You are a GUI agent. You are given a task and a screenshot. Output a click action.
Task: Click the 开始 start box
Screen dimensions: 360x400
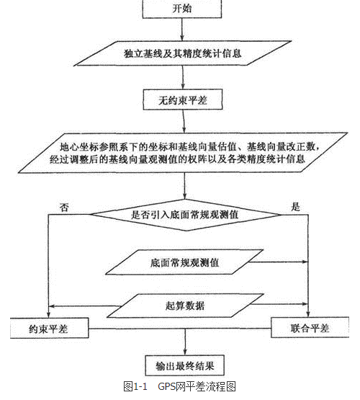tap(182, 9)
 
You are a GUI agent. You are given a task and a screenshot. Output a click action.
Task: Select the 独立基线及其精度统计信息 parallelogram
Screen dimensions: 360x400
tap(183, 53)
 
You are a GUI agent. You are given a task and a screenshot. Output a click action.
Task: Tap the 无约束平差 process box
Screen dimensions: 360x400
tap(183, 99)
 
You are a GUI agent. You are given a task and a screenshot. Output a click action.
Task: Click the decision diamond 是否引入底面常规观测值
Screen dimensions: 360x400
tap(186, 215)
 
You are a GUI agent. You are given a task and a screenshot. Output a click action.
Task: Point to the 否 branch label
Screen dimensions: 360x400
tap(64, 208)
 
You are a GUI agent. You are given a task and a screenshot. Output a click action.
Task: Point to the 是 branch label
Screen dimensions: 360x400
tap(295, 207)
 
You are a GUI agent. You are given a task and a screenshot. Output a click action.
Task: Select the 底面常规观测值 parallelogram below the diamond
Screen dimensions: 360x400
tap(184, 262)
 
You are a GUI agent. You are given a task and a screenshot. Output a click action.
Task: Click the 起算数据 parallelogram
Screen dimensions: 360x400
tap(185, 306)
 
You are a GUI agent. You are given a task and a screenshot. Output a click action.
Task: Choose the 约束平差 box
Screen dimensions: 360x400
tap(49, 329)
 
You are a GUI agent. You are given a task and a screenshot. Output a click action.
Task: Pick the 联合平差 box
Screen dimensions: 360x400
tap(310, 327)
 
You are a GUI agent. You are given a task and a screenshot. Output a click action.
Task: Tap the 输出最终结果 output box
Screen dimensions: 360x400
tap(185, 365)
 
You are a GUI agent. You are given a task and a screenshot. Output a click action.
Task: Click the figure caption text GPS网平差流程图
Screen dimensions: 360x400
tap(197, 387)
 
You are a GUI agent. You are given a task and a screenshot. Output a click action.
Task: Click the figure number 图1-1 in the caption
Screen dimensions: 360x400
tap(135, 387)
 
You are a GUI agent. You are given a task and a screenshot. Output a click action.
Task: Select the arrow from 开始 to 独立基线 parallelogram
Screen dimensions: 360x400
tap(182, 30)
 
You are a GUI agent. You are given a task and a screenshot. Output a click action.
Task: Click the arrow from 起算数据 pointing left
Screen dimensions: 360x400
tap(84, 306)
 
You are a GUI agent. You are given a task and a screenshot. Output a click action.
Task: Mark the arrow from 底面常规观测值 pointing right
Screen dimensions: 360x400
tap(279, 262)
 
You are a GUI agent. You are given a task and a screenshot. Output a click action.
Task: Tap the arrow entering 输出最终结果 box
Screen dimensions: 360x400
tap(185, 342)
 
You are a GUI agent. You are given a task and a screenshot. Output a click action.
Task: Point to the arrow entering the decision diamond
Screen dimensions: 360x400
tap(184, 186)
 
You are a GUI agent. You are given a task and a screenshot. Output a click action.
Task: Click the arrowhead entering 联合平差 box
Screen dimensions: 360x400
tap(308, 314)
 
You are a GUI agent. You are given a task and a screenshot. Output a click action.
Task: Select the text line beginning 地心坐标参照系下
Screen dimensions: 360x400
tap(189, 147)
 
